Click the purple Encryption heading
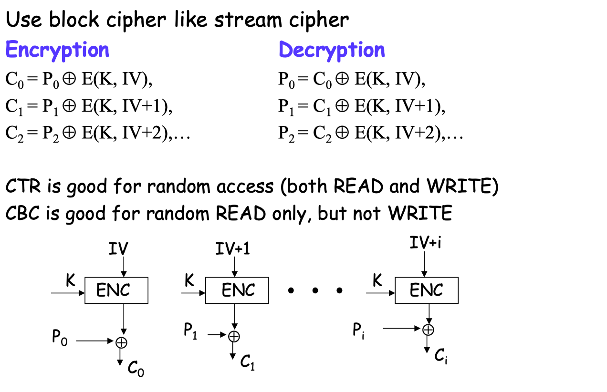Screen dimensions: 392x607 [x=57, y=50]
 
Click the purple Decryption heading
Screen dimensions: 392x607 [x=332, y=50]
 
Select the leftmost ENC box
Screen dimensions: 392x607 [x=116, y=290]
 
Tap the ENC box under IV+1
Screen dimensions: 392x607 [x=237, y=290]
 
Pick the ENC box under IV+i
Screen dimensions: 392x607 [x=427, y=290]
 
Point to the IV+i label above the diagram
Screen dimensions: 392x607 [x=426, y=243]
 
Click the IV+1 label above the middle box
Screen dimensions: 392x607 [x=233, y=249]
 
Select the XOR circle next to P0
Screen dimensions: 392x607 [x=122, y=341]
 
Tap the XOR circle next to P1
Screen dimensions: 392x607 [x=234, y=336]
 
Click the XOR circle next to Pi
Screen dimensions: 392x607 [x=429, y=329]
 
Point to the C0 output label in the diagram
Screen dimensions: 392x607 [x=136, y=368]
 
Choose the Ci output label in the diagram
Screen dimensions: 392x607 [x=440, y=356]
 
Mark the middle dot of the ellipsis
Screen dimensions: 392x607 [x=315, y=290]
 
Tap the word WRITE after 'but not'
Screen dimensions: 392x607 [x=420, y=214]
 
